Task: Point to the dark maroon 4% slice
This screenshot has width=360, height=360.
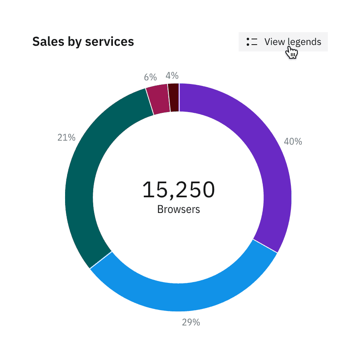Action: pos(174,98)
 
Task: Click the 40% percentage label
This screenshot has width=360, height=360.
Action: pos(293,141)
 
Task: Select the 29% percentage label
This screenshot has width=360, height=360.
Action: pos(191,322)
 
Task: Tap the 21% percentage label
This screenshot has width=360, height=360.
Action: pos(66,138)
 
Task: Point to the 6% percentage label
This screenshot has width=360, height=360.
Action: pos(150,78)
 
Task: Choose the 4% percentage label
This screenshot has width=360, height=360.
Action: pos(172,76)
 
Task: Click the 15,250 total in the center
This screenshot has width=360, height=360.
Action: pos(179,190)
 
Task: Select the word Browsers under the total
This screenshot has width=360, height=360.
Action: pos(179,209)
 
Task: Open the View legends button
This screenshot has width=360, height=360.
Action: pos(283,42)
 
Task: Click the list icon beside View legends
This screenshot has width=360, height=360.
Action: pos(252,42)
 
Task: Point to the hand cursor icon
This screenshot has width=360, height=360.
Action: pos(292,53)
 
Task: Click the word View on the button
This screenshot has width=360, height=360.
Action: pos(274,42)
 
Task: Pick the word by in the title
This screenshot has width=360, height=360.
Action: pos(74,42)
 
